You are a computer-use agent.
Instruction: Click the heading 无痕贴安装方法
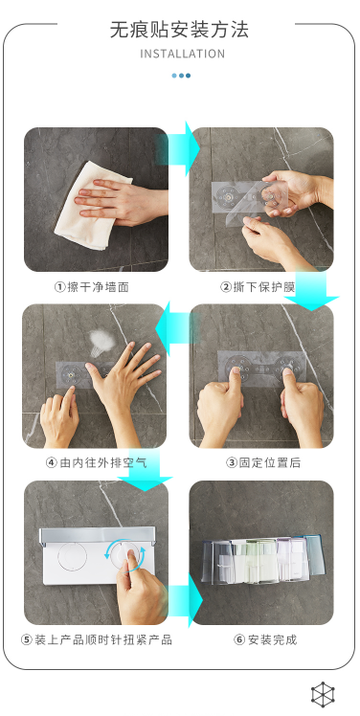click(x=180, y=30)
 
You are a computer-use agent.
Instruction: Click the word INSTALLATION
click(x=182, y=54)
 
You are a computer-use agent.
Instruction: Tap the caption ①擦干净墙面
click(x=92, y=287)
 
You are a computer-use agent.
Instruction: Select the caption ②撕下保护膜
click(x=258, y=287)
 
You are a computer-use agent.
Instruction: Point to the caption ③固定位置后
click(x=263, y=462)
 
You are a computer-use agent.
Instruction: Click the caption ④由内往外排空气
click(x=97, y=462)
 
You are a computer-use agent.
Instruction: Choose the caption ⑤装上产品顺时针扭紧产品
click(x=97, y=639)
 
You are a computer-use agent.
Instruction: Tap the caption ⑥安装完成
click(x=265, y=639)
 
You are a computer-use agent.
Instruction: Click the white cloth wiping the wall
click(x=91, y=206)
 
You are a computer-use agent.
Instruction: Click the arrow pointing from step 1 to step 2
click(x=179, y=148)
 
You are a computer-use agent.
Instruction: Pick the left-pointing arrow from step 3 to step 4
click(x=177, y=328)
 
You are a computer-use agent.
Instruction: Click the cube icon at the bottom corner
click(x=323, y=695)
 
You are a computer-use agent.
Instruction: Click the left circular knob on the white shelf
click(x=72, y=557)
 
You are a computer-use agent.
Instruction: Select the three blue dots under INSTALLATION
click(x=181, y=76)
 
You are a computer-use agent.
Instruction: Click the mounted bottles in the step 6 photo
click(x=263, y=561)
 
